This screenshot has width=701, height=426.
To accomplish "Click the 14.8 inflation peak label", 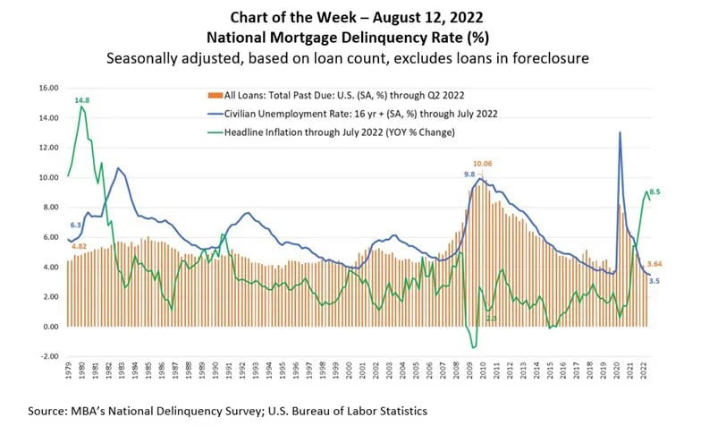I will pos(82,100).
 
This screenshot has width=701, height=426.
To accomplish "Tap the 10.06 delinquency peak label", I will pos(483,163).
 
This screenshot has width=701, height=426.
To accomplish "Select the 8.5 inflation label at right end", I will pos(655,192).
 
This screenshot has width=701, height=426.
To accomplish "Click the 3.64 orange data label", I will pos(655,263).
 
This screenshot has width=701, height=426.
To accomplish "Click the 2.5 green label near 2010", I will pos(491,318).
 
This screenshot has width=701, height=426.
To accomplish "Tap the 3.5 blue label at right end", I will pos(655,281).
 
